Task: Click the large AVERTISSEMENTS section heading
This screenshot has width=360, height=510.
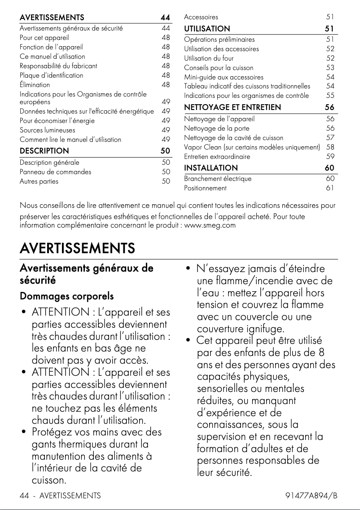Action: (77, 248)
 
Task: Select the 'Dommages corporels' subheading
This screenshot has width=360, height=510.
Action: (66, 297)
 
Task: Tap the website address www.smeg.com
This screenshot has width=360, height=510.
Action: (210, 225)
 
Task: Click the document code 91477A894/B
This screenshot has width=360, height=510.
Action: (311, 496)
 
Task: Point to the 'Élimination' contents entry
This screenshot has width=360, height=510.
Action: (35, 85)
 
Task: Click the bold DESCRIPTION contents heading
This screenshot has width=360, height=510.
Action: (44, 151)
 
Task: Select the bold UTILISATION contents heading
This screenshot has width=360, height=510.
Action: (207, 29)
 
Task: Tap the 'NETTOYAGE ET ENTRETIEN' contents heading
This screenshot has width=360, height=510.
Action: (233, 107)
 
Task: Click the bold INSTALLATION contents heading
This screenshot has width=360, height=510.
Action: (211, 168)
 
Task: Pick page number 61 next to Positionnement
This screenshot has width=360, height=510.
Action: (330, 188)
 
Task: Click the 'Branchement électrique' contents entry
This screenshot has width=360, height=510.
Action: (218, 179)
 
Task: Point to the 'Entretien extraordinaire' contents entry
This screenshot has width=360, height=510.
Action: (217, 157)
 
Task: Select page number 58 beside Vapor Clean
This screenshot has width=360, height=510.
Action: (330, 147)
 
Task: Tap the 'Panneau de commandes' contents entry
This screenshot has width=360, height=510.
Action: (55, 172)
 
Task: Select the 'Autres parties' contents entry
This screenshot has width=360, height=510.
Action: (39, 181)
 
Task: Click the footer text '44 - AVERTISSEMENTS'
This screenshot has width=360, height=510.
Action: (60, 496)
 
